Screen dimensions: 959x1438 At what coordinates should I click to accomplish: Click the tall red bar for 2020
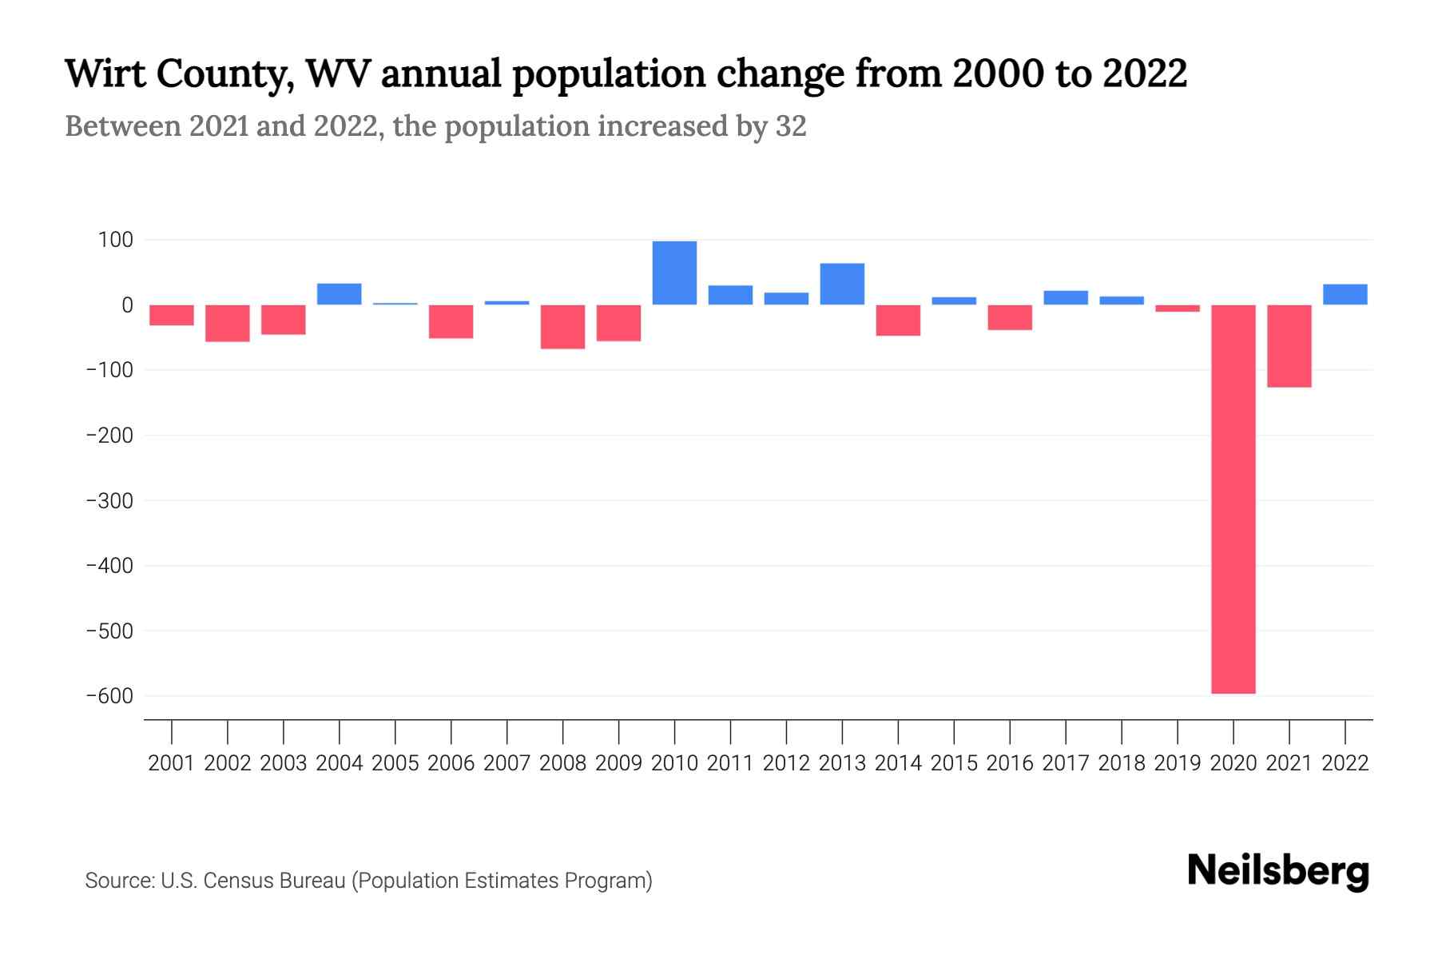point(1233,499)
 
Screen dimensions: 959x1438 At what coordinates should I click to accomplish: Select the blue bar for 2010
point(674,273)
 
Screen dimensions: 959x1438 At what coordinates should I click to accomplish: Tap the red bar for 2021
point(1289,346)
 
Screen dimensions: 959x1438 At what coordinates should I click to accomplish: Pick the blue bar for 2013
point(842,284)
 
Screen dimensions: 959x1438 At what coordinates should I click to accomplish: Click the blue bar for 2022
point(1345,294)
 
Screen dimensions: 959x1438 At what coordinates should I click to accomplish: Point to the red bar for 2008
point(562,327)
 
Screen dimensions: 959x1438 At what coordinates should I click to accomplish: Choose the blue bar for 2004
point(339,294)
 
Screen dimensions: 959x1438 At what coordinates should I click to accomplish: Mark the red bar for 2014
point(898,320)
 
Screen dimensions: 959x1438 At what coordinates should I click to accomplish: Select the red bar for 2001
point(172,315)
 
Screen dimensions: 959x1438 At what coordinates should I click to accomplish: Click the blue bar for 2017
point(1066,297)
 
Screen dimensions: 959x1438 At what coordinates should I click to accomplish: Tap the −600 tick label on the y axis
point(109,696)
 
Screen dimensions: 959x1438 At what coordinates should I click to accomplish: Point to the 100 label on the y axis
point(116,240)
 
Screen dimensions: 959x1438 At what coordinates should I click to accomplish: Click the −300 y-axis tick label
point(109,501)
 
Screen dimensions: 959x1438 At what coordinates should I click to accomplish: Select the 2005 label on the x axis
point(395,763)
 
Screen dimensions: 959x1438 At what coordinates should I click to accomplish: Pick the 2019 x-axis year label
point(1177,763)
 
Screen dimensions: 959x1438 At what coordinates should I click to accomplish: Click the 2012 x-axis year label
point(786,763)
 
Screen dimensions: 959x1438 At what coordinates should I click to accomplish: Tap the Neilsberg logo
point(1278,871)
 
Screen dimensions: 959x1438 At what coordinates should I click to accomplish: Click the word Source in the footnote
point(119,881)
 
